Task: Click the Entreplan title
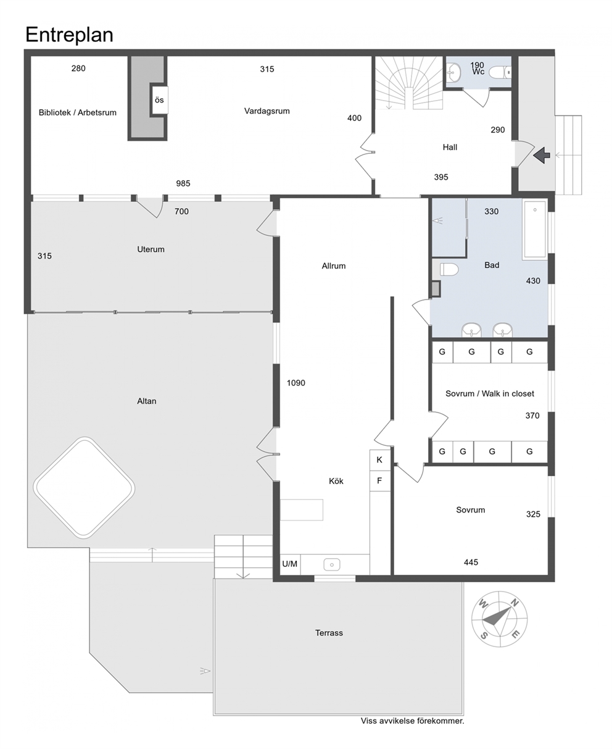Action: coord(69,35)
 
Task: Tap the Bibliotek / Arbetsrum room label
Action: coord(77,112)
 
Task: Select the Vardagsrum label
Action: coord(267,111)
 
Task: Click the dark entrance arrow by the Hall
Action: coord(542,155)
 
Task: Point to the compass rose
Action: coord(499,619)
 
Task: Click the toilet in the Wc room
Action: coord(500,72)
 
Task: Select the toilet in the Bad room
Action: coord(449,269)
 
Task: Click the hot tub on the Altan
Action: coord(84,488)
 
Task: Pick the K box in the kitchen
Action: coord(379,460)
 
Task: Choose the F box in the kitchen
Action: coord(379,481)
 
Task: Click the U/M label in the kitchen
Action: coord(289,564)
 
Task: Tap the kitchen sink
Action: coord(332,564)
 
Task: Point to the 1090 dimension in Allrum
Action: coord(296,383)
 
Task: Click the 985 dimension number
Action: coord(183,183)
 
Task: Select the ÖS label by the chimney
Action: coord(159,100)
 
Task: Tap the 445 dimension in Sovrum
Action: coord(471,562)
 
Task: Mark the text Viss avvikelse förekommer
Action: coord(412,721)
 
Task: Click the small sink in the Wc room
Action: coord(453,72)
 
